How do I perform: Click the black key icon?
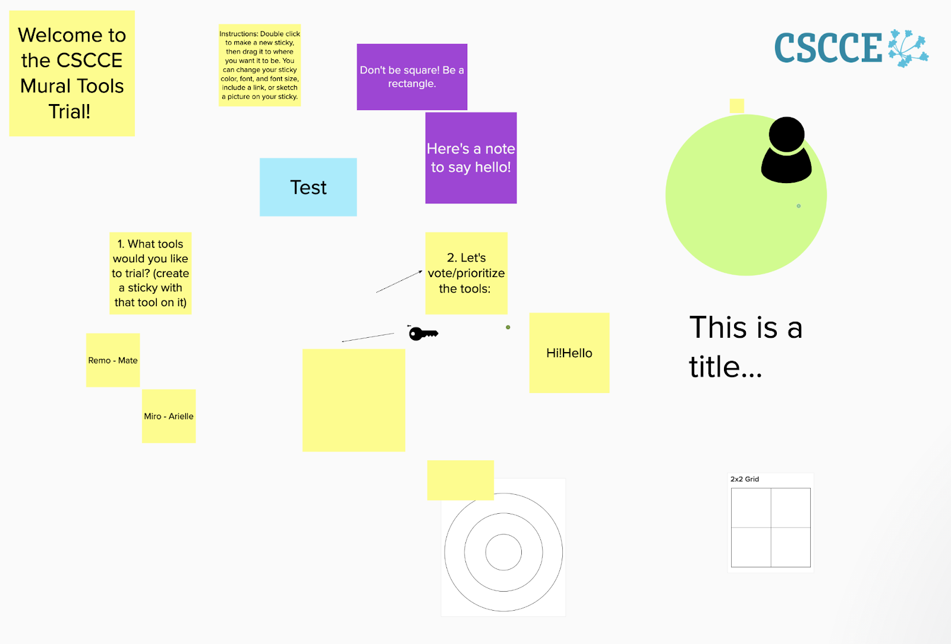pyautogui.click(x=423, y=334)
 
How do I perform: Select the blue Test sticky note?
pyautogui.click(x=308, y=187)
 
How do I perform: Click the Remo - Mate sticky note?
pyautogui.click(x=113, y=360)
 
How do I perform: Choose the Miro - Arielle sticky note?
pyautogui.click(x=169, y=416)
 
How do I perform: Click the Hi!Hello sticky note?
pyautogui.click(x=569, y=353)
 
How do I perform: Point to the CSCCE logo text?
pyautogui.click(x=828, y=48)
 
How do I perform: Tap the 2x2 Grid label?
pyautogui.click(x=744, y=479)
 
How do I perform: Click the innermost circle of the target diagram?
pyautogui.click(x=503, y=552)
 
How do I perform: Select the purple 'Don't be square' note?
pyautogui.click(x=412, y=77)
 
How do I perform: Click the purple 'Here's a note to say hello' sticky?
pyautogui.click(x=471, y=158)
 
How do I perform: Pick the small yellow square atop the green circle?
pyautogui.click(x=736, y=106)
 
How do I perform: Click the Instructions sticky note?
pyautogui.click(x=260, y=65)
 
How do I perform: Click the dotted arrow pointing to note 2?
pyautogui.click(x=399, y=282)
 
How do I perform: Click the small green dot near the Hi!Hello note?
pyautogui.click(x=508, y=327)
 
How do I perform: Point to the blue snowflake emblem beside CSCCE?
pyautogui.click(x=908, y=48)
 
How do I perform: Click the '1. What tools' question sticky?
pyautogui.click(x=150, y=273)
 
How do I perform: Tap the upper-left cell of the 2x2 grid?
pyautogui.click(x=751, y=508)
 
